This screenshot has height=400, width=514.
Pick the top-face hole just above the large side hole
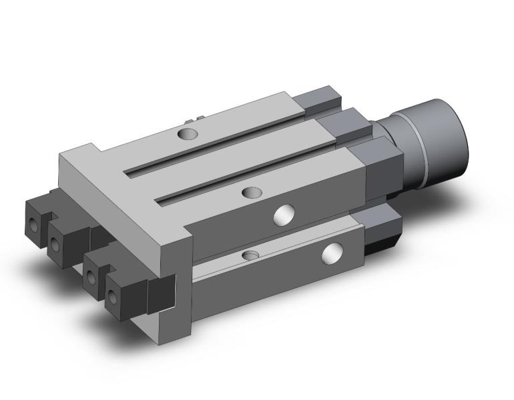click(x=252, y=193)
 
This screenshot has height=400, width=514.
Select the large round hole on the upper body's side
click(x=284, y=215)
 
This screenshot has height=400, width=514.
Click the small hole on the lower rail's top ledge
click(x=250, y=255)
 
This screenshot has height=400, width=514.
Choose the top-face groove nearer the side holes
click(x=247, y=176)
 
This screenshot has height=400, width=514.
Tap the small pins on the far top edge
click(x=193, y=119)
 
